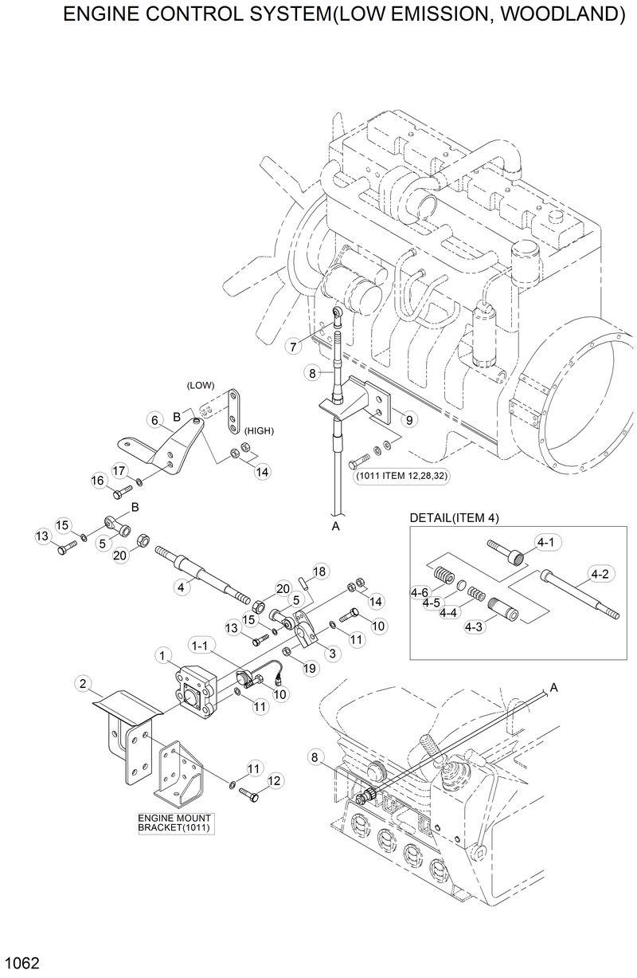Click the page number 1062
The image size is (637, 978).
pos(21,964)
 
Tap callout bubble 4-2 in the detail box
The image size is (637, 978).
pos(600,573)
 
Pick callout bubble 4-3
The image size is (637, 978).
pos(475,627)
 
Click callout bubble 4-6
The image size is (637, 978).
pos(420,591)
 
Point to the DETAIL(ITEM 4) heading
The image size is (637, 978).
pos(453,518)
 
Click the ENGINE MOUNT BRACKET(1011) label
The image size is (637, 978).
pos(178,823)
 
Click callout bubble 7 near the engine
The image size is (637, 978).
pos(294,347)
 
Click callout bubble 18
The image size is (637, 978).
pos(319,571)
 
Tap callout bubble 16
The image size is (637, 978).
pos(98,480)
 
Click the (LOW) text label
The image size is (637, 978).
pos(200,385)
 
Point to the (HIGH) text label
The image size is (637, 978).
pos(260,430)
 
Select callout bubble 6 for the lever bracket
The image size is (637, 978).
pos(150,420)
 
